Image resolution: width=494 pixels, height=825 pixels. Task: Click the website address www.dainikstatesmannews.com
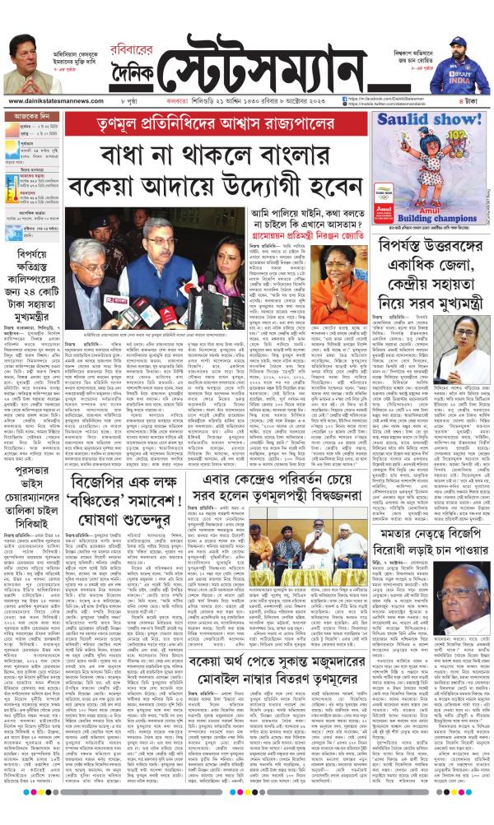50,101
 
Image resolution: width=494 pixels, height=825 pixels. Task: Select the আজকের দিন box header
32,118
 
